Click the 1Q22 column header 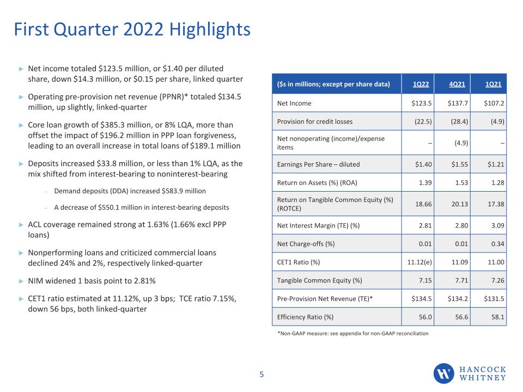[421, 84]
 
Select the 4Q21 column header [457, 84]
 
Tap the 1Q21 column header [494, 84]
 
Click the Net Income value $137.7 [458, 103]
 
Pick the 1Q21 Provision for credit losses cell [497, 121]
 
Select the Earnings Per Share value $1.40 [423, 164]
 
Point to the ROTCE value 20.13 [460, 204]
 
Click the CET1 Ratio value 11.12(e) [419, 262]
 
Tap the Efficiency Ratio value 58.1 [497, 317]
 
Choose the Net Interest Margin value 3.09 [497, 225]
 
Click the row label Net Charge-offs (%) [306, 244]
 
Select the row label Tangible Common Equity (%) [320, 281]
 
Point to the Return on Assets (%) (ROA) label [317, 183]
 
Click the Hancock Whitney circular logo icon [443, 373]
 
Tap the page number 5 [261, 375]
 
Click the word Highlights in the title [210, 30]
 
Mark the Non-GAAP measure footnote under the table [353, 333]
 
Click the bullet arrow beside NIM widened [21, 281]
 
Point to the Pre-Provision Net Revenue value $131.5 [494, 299]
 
